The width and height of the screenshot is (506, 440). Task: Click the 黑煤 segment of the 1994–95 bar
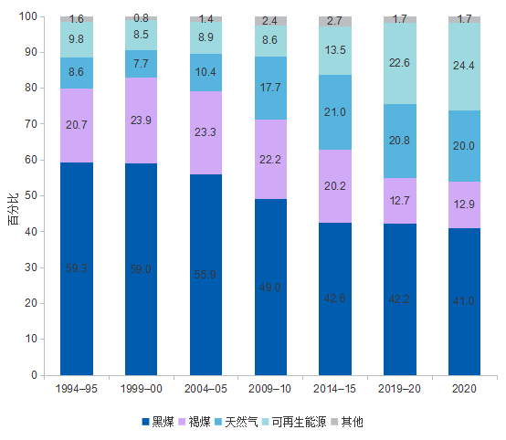pos(77,268)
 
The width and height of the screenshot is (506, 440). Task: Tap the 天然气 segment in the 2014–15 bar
pos(335,112)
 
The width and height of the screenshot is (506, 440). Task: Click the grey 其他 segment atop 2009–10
pos(270,21)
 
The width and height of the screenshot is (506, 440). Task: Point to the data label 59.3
pos(77,268)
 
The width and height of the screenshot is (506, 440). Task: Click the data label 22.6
pos(399,63)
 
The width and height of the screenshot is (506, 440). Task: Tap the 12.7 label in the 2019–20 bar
pos(399,201)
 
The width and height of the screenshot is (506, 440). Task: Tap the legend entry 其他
pos(351,422)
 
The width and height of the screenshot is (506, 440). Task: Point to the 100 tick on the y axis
pos(26,16)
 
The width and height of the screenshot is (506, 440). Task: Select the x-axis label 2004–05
pos(206,388)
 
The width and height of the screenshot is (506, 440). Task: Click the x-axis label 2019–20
pos(399,388)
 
